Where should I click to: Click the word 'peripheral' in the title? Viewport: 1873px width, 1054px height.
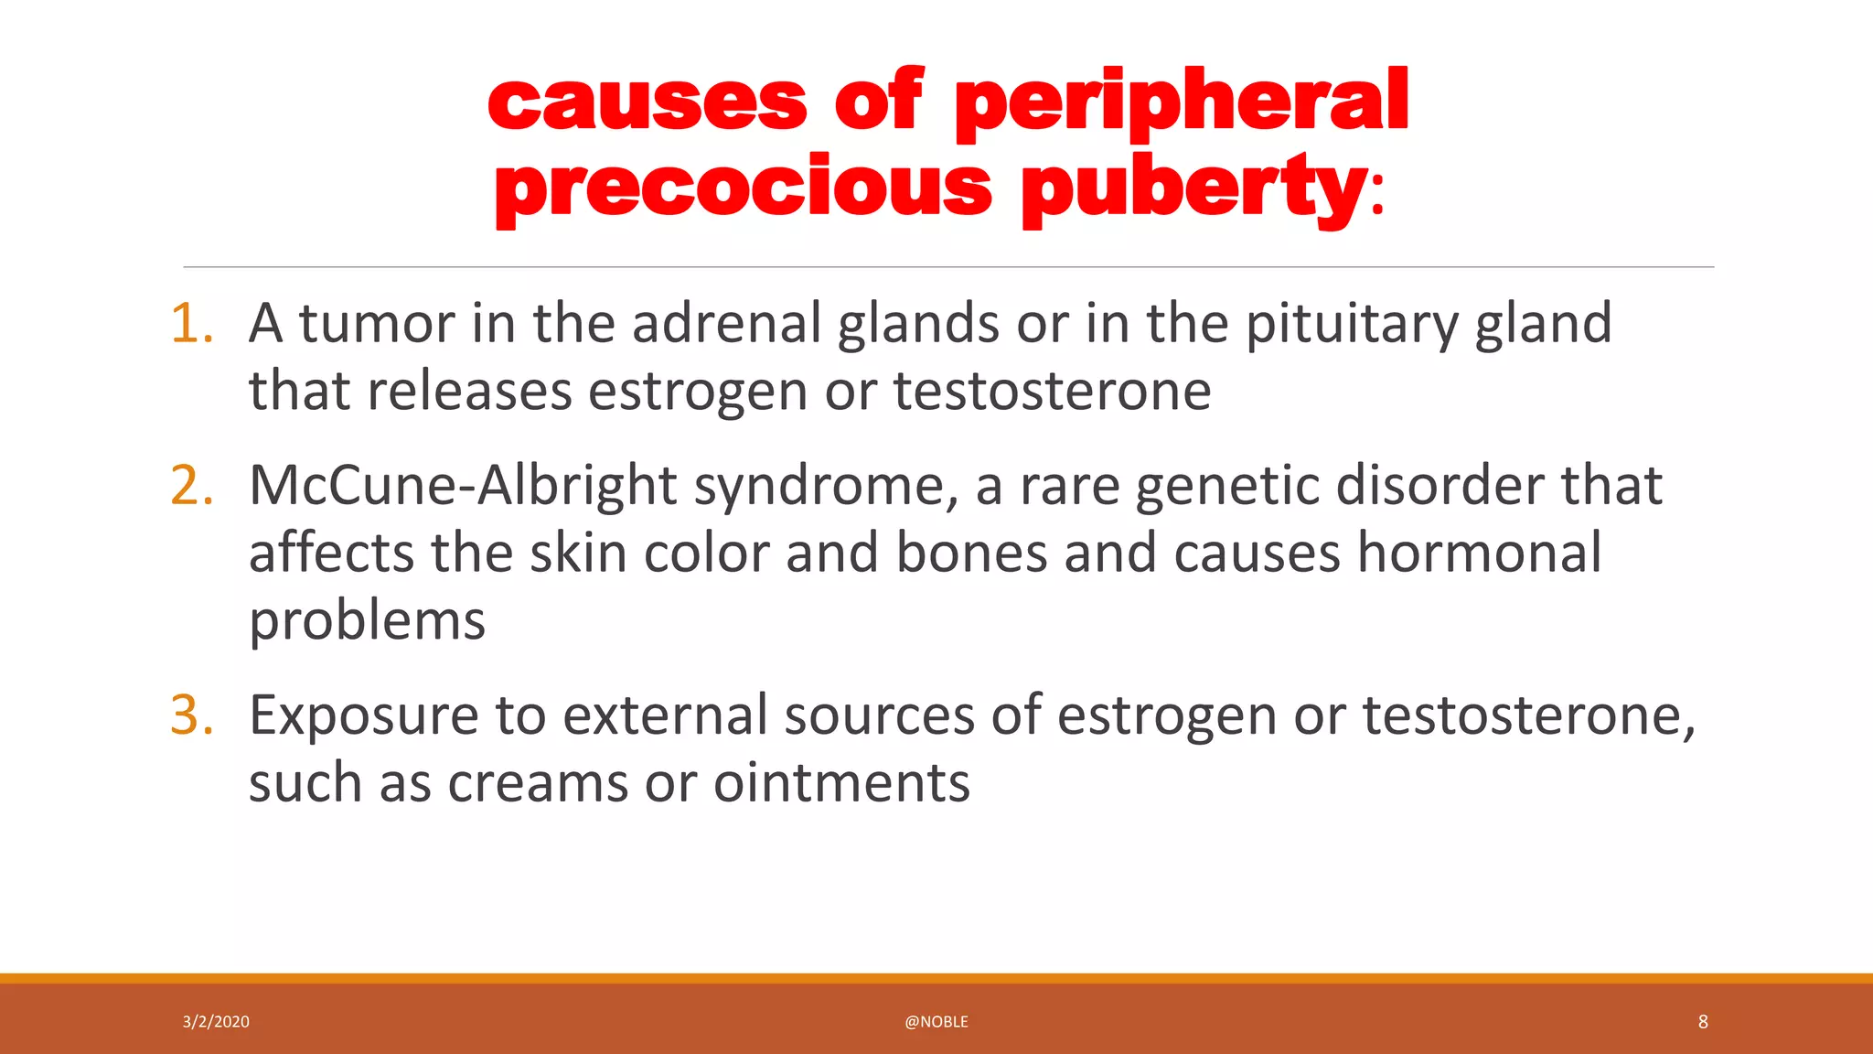[1181, 102]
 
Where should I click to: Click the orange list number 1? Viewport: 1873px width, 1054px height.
[192, 324]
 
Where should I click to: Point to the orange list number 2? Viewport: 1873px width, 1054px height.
[192, 486]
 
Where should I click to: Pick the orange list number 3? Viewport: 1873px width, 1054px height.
[192, 715]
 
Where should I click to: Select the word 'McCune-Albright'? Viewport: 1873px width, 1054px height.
[462, 486]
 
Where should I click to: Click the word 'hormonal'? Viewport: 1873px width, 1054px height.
[1479, 554]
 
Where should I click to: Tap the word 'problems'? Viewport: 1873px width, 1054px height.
[367, 622]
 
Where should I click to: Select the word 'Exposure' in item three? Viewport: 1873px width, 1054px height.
[363, 716]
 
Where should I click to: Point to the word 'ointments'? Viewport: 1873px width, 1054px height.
[841, 784]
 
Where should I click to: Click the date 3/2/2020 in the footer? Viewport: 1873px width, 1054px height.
[216, 1022]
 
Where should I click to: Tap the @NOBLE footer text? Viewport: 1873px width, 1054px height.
[936, 1022]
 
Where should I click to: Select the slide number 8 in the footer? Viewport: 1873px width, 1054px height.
[1703, 1022]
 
